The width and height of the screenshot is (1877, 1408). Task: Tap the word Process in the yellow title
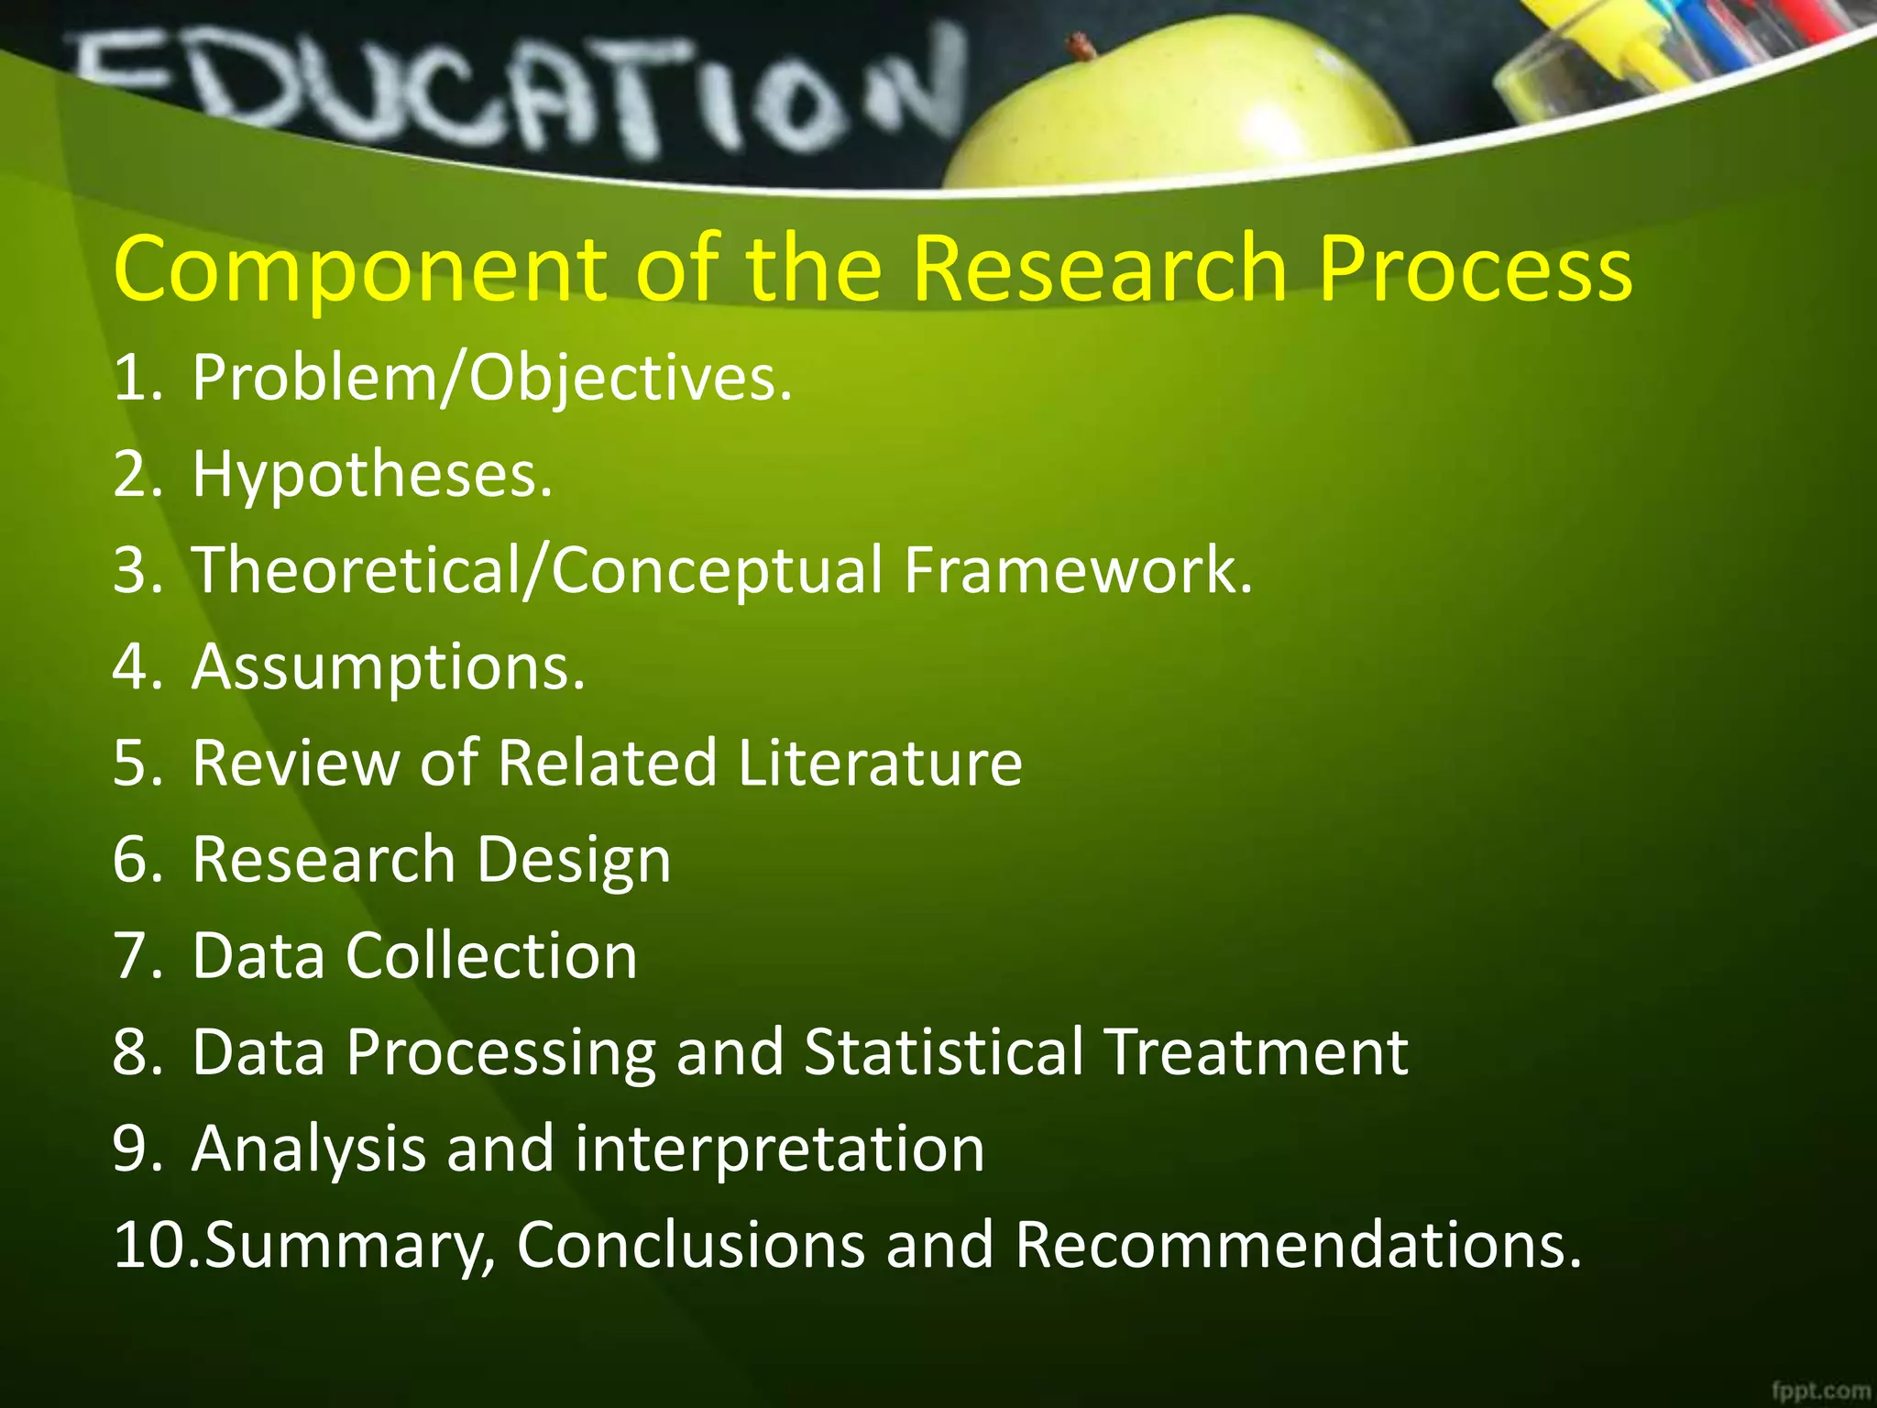1476,270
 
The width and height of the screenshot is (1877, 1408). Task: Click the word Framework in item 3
1078,570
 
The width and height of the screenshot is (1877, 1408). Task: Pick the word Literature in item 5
880,763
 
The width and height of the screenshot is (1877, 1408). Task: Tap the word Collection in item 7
491,956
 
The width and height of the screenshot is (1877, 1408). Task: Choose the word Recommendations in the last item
1298,1245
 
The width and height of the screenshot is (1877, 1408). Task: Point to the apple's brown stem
1081,44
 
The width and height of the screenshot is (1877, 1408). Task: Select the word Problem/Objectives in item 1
491,379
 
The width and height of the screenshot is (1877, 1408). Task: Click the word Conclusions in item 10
691,1245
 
